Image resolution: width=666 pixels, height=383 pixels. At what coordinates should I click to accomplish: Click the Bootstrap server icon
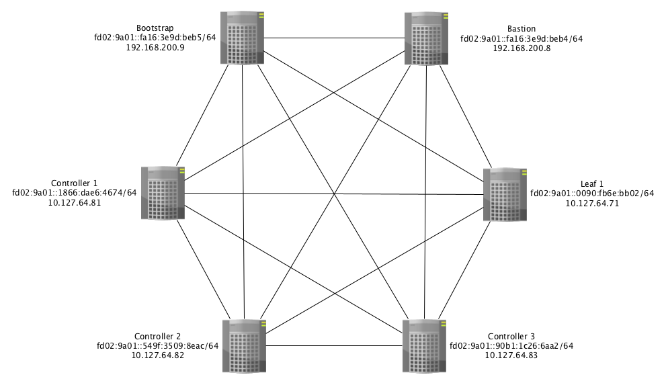point(243,38)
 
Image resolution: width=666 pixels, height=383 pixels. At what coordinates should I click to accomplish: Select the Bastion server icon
point(425,38)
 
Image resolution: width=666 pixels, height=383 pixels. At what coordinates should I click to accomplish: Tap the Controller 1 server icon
point(163,192)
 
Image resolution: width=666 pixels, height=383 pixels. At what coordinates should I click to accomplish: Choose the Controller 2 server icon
point(243,346)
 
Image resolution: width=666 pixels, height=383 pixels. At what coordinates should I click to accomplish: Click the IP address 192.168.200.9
point(155,48)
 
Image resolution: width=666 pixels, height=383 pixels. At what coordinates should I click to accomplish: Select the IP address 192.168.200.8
point(522,48)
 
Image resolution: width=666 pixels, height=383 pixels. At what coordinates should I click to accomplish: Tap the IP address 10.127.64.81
point(75,202)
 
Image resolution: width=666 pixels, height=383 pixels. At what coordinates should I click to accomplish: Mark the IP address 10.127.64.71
point(592,203)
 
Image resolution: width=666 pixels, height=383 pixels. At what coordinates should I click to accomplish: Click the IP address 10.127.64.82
point(158,356)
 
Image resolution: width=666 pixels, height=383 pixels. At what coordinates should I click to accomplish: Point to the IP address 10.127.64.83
point(511,356)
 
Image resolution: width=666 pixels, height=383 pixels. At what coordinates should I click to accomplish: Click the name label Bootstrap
point(155,28)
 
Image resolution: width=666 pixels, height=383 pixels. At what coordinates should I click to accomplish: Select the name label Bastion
point(522,28)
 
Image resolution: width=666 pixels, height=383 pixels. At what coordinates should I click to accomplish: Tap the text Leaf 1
point(592,183)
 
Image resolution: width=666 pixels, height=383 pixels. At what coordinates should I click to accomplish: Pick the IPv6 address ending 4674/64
point(75,193)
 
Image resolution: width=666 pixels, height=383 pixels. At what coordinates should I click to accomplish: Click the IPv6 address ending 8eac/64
point(158,347)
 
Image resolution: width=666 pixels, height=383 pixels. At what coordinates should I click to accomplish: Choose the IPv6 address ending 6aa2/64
point(511,347)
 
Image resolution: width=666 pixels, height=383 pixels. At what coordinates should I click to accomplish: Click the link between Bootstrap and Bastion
point(333,38)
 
